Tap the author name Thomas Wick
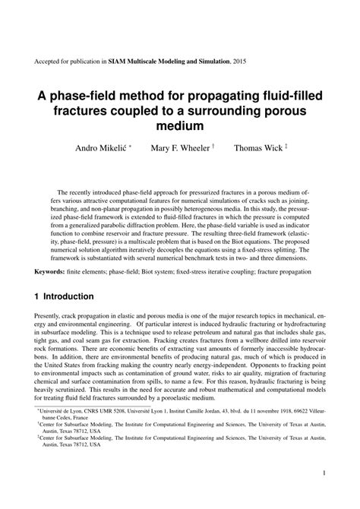256,149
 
